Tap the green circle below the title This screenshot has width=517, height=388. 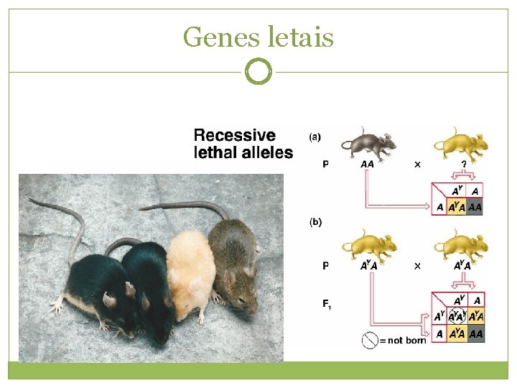click(x=258, y=71)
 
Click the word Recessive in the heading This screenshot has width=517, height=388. click(x=235, y=135)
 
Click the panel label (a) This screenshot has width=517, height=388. click(x=315, y=136)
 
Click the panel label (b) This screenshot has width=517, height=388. click(x=315, y=222)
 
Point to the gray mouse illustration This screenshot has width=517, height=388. click(x=368, y=144)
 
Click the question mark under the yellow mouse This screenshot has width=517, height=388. click(x=464, y=164)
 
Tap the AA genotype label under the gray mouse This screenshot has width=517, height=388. click(x=367, y=165)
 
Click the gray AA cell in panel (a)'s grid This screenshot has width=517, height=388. click(x=475, y=208)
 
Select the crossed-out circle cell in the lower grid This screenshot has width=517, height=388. click(x=456, y=316)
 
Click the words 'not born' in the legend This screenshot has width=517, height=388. click(x=407, y=340)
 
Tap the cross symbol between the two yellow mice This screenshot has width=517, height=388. click(x=416, y=265)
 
